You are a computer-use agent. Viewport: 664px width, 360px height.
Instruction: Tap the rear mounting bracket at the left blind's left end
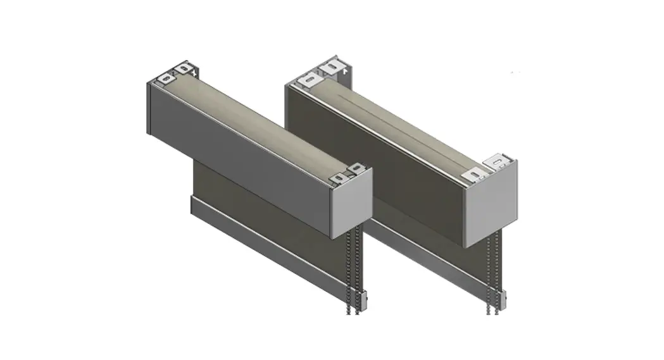[184, 66]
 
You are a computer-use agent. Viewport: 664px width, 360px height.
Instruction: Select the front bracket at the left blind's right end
[341, 178]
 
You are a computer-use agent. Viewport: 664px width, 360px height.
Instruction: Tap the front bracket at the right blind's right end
[475, 176]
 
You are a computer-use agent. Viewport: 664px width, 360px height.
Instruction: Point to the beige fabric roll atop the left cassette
[260, 120]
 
